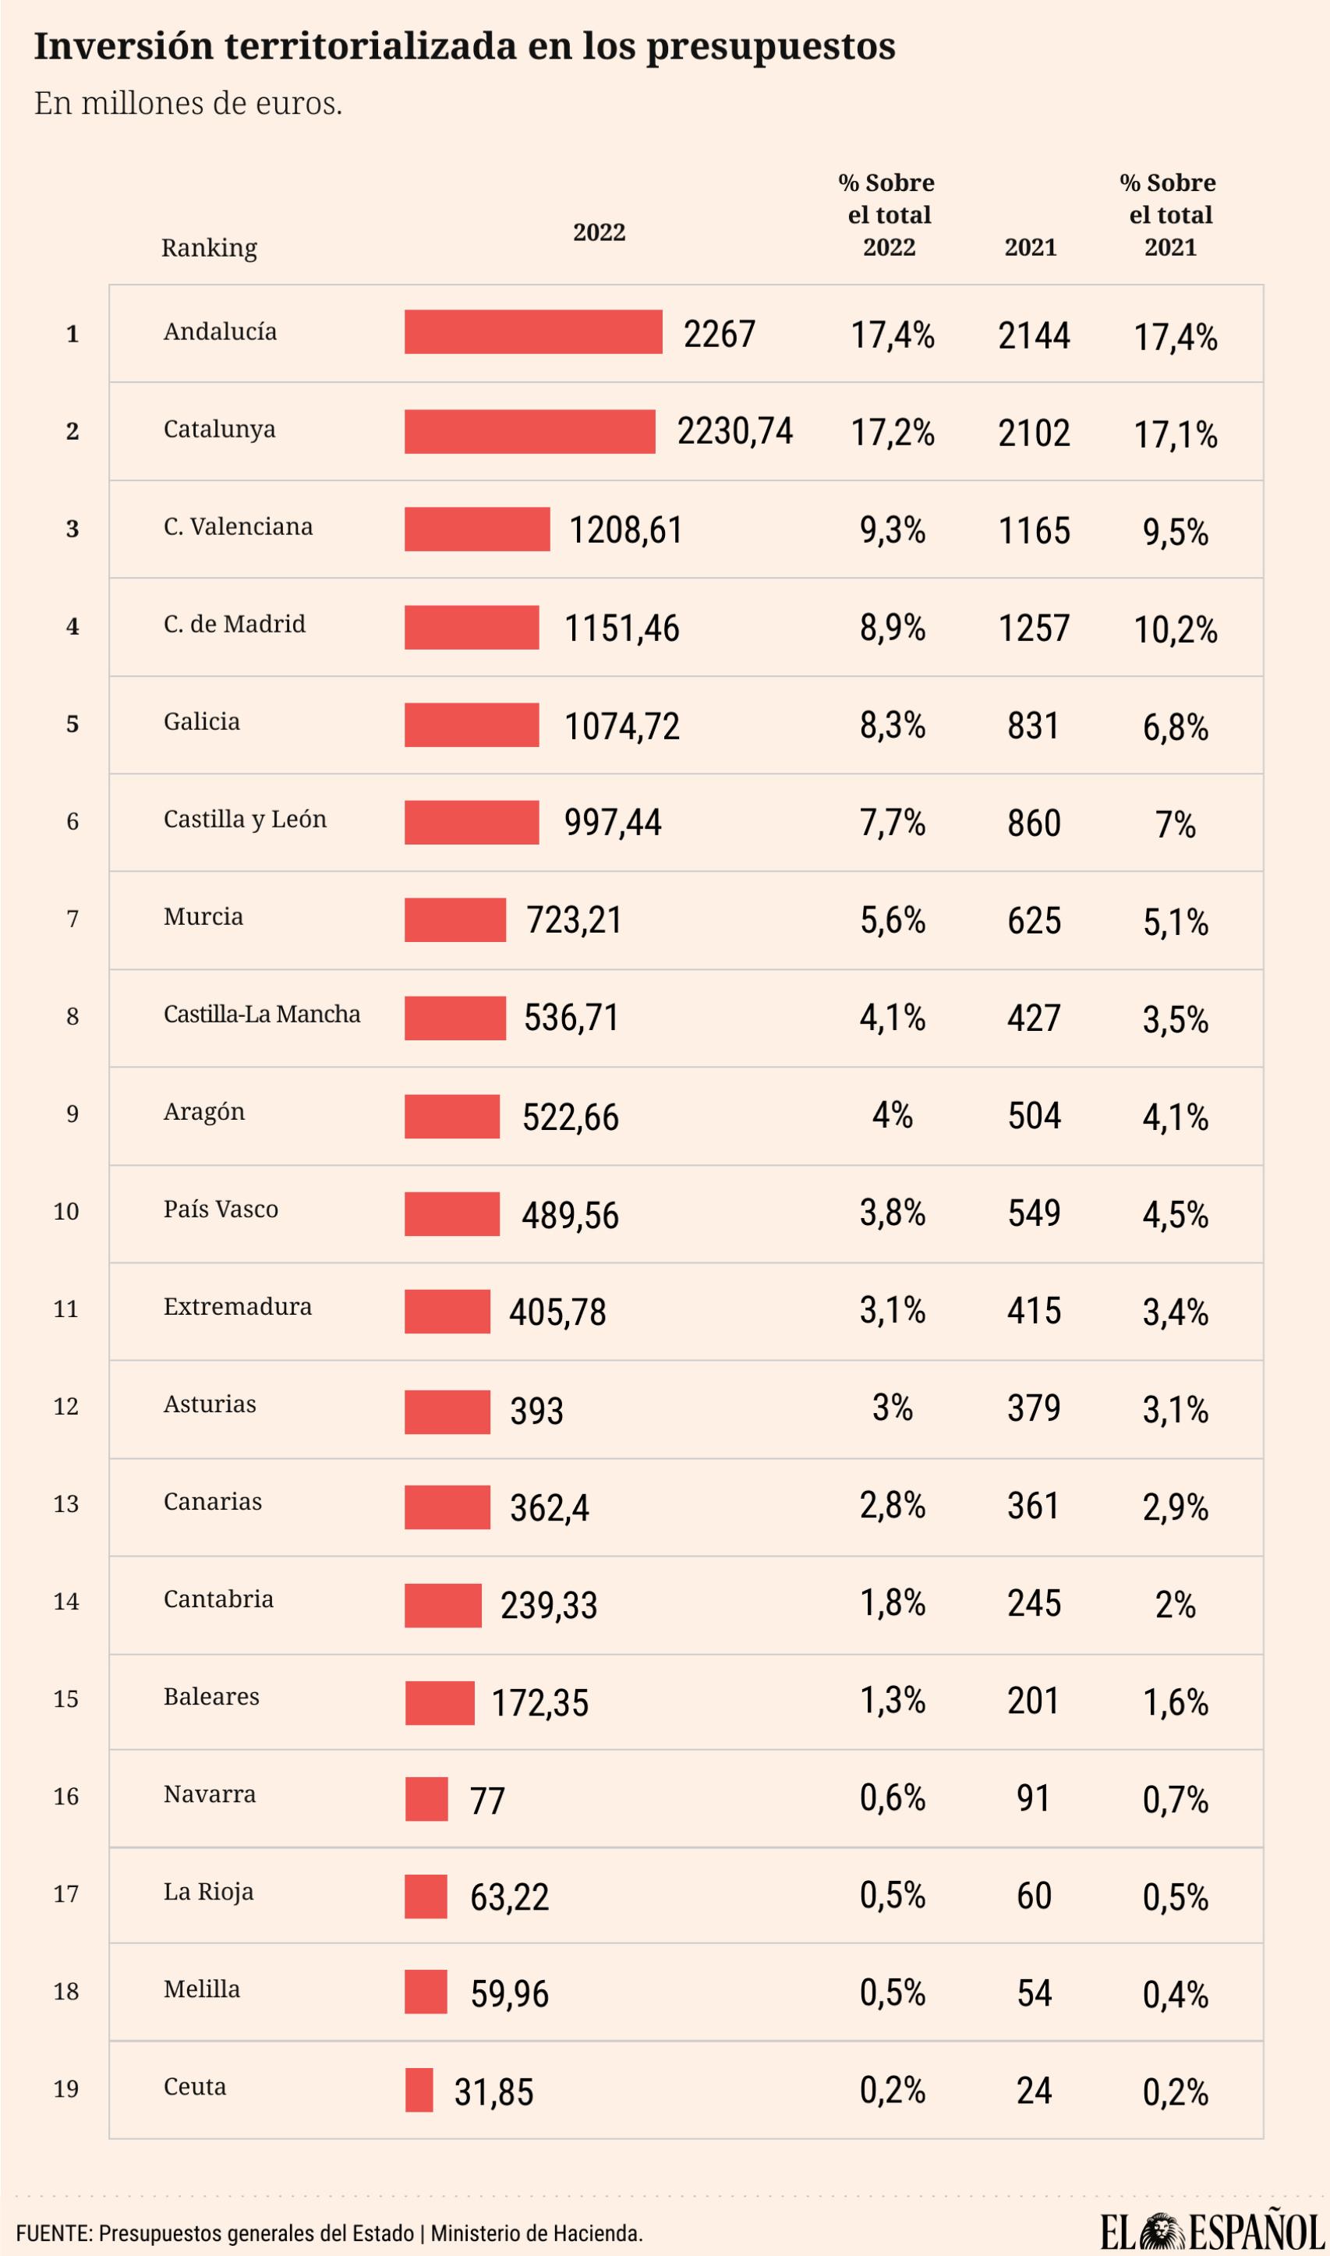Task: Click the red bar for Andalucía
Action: [x=532, y=331]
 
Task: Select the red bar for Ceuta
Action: [x=419, y=2089]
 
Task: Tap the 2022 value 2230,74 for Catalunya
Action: [x=734, y=431]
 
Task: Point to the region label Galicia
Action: [x=202, y=721]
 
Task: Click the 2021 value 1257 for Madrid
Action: [x=1033, y=628]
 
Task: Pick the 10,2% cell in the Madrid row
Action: [x=1175, y=629]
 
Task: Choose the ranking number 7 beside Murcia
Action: [x=73, y=919]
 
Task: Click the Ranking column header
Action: [x=209, y=247]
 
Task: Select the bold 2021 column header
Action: [x=1030, y=247]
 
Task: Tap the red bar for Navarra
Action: [x=426, y=1799]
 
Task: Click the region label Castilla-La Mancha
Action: [x=262, y=1014]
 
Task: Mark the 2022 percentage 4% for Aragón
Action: [x=892, y=1115]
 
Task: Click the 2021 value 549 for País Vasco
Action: [x=1033, y=1213]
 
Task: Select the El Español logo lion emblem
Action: [x=1162, y=2231]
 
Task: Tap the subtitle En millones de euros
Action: [x=188, y=104]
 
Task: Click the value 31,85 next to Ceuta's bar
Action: [x=493, y=2092]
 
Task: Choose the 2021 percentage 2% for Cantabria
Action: [x=1175, y=1604]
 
